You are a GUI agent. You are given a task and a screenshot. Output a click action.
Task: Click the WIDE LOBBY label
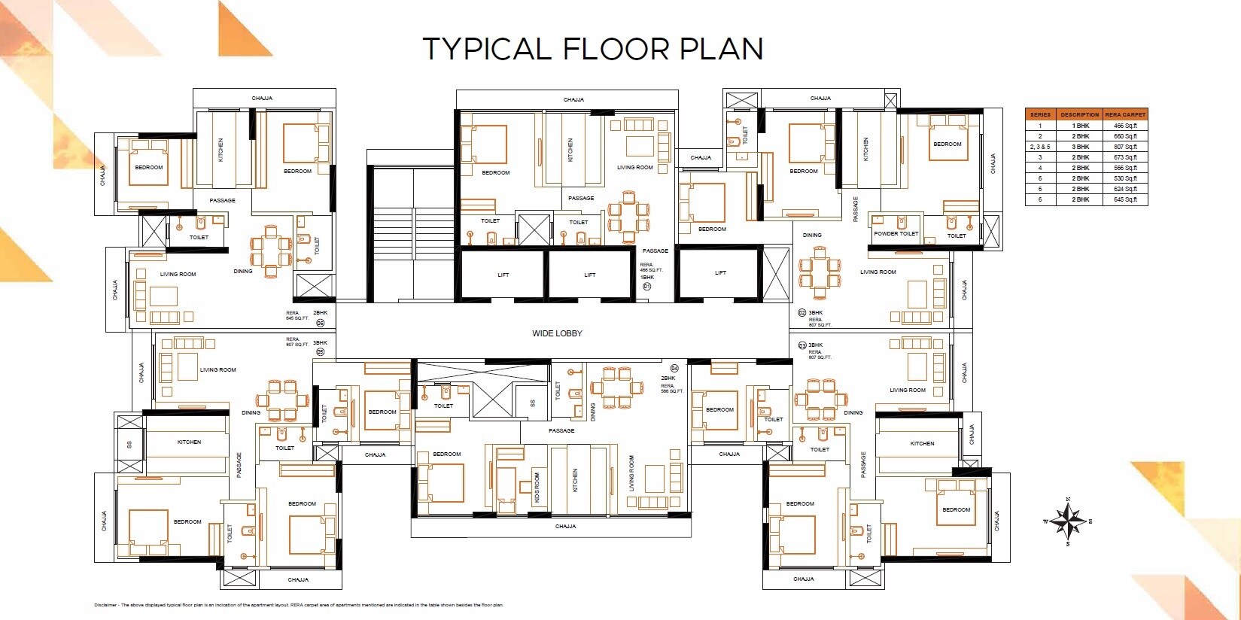click(x=557, y=333)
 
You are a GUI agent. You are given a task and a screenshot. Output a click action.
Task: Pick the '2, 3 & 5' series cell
click(x=1040, y=147)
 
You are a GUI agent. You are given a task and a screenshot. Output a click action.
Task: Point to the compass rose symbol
click(x=1068, y=521)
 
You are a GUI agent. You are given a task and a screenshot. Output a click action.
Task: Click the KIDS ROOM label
click(x=537, y=488)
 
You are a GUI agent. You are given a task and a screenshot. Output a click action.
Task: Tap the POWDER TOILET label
click(x=896, y=234)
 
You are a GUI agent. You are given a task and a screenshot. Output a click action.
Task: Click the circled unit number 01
click(x=646, y=287)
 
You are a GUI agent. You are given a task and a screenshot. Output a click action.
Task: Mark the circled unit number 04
click(x=674, y=369)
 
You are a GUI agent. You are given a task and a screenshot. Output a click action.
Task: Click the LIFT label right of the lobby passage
click(x=720, y=273)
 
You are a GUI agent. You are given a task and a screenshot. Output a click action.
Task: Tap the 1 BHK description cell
click(x=1080, y=126)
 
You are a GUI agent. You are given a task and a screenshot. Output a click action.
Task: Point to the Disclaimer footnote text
click(x=299, y=605)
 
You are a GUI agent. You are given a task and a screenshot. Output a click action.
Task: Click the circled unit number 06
click(x=320, y=323)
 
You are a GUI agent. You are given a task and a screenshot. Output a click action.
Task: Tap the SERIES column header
click(x=1040, y=114)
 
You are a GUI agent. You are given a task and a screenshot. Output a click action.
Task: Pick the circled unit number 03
click(x=802, y=345)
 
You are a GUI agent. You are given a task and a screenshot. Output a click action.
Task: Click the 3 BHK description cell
click(x=1080, y=147)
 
